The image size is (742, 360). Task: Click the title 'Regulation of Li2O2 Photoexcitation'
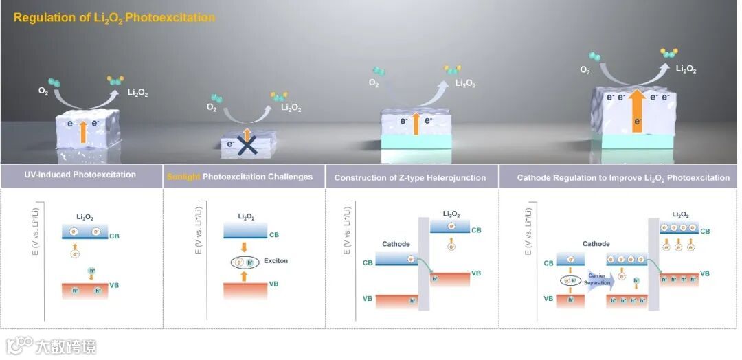tap(113, 17)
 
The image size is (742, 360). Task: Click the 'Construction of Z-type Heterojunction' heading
tap(410, 178)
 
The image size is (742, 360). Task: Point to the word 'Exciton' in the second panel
tap(277, 261)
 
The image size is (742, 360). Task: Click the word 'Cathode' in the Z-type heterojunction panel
tap(396, 244)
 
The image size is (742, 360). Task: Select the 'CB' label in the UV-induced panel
tap(114, 236)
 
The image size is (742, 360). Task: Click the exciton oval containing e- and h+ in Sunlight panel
tap(245, 262)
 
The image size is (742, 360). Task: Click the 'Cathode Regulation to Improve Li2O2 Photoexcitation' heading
tap(624, 178)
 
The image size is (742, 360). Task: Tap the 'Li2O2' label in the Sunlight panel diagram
tap(246, 217)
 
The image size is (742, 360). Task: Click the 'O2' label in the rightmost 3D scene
tap(585, 70)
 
